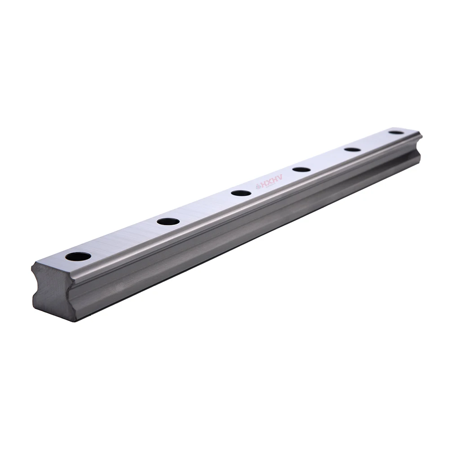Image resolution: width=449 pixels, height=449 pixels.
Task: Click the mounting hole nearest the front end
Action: click(x=78, y=256)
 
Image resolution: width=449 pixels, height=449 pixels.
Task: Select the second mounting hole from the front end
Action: click(x=168, y=221)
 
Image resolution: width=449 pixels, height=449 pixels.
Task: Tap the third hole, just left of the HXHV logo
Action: click(x=242, y=193)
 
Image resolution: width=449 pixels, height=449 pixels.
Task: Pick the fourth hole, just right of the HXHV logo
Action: click(x=301, y=169)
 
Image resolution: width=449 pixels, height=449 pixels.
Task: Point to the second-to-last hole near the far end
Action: click(x=352, y=150)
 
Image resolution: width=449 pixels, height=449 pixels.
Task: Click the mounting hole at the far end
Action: click(x=396, y=132)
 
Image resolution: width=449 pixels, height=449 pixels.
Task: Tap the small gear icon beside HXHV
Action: click(x=258, y=186)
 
